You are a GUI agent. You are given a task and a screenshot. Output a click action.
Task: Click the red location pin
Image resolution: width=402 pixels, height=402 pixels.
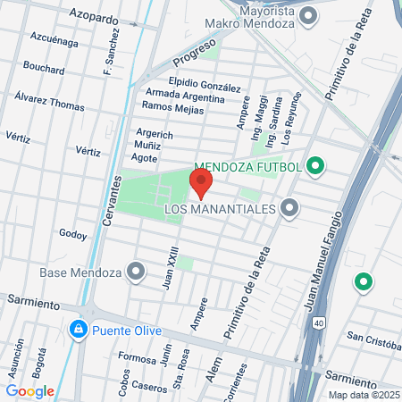point(201,184)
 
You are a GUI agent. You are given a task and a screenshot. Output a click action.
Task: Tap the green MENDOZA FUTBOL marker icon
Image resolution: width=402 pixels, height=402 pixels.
point(314,165)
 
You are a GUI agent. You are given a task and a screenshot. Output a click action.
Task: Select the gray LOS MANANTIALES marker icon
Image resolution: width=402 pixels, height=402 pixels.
point(289,209)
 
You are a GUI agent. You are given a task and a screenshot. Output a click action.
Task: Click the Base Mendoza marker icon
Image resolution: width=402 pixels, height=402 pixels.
point(136,270)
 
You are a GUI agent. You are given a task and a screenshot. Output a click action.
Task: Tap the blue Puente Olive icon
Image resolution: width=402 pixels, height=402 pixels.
point(80,330)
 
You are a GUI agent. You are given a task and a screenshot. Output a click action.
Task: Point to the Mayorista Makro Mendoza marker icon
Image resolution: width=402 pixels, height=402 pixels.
point(309,15)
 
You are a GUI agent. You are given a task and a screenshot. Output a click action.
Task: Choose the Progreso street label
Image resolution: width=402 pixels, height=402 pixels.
point(195,53)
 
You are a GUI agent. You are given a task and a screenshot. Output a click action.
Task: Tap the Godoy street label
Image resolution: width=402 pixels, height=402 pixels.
point(73,235)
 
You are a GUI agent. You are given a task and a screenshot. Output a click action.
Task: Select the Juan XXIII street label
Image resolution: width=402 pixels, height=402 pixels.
point(168,264)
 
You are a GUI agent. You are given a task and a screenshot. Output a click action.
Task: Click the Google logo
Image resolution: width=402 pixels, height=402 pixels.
point(30,389)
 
